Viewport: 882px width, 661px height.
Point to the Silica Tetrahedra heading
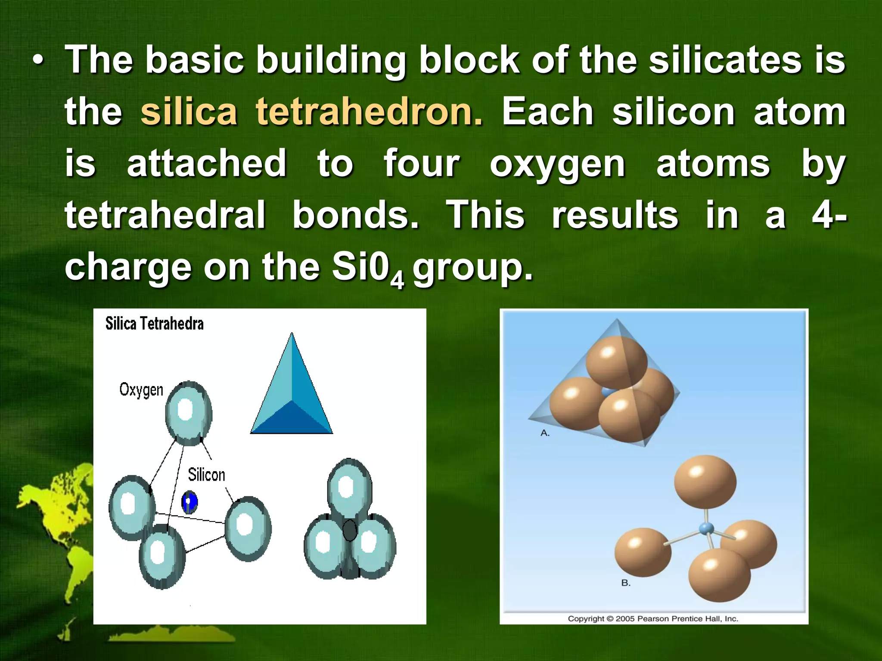coord(154,324)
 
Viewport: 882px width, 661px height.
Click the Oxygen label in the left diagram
coord(141,389)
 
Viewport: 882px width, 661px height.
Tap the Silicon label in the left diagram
coord(206,475)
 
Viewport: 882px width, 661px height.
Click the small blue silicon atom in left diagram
coord(189,502)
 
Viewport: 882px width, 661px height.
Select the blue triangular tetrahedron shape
coord(292,392)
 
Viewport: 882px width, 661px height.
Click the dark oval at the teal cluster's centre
coord(349,531)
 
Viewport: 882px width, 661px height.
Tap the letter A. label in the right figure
coord(545,433)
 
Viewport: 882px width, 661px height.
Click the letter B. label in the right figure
coord(626,583)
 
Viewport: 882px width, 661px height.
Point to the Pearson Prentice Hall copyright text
coord(653,619)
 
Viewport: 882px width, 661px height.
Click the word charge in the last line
coord(127,268)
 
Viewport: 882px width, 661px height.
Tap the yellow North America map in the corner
coord(56,508)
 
